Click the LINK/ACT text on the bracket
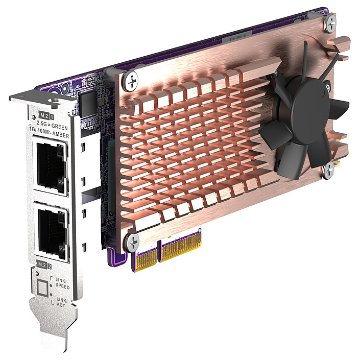(62, 303)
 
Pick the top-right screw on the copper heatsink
(331, 22)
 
